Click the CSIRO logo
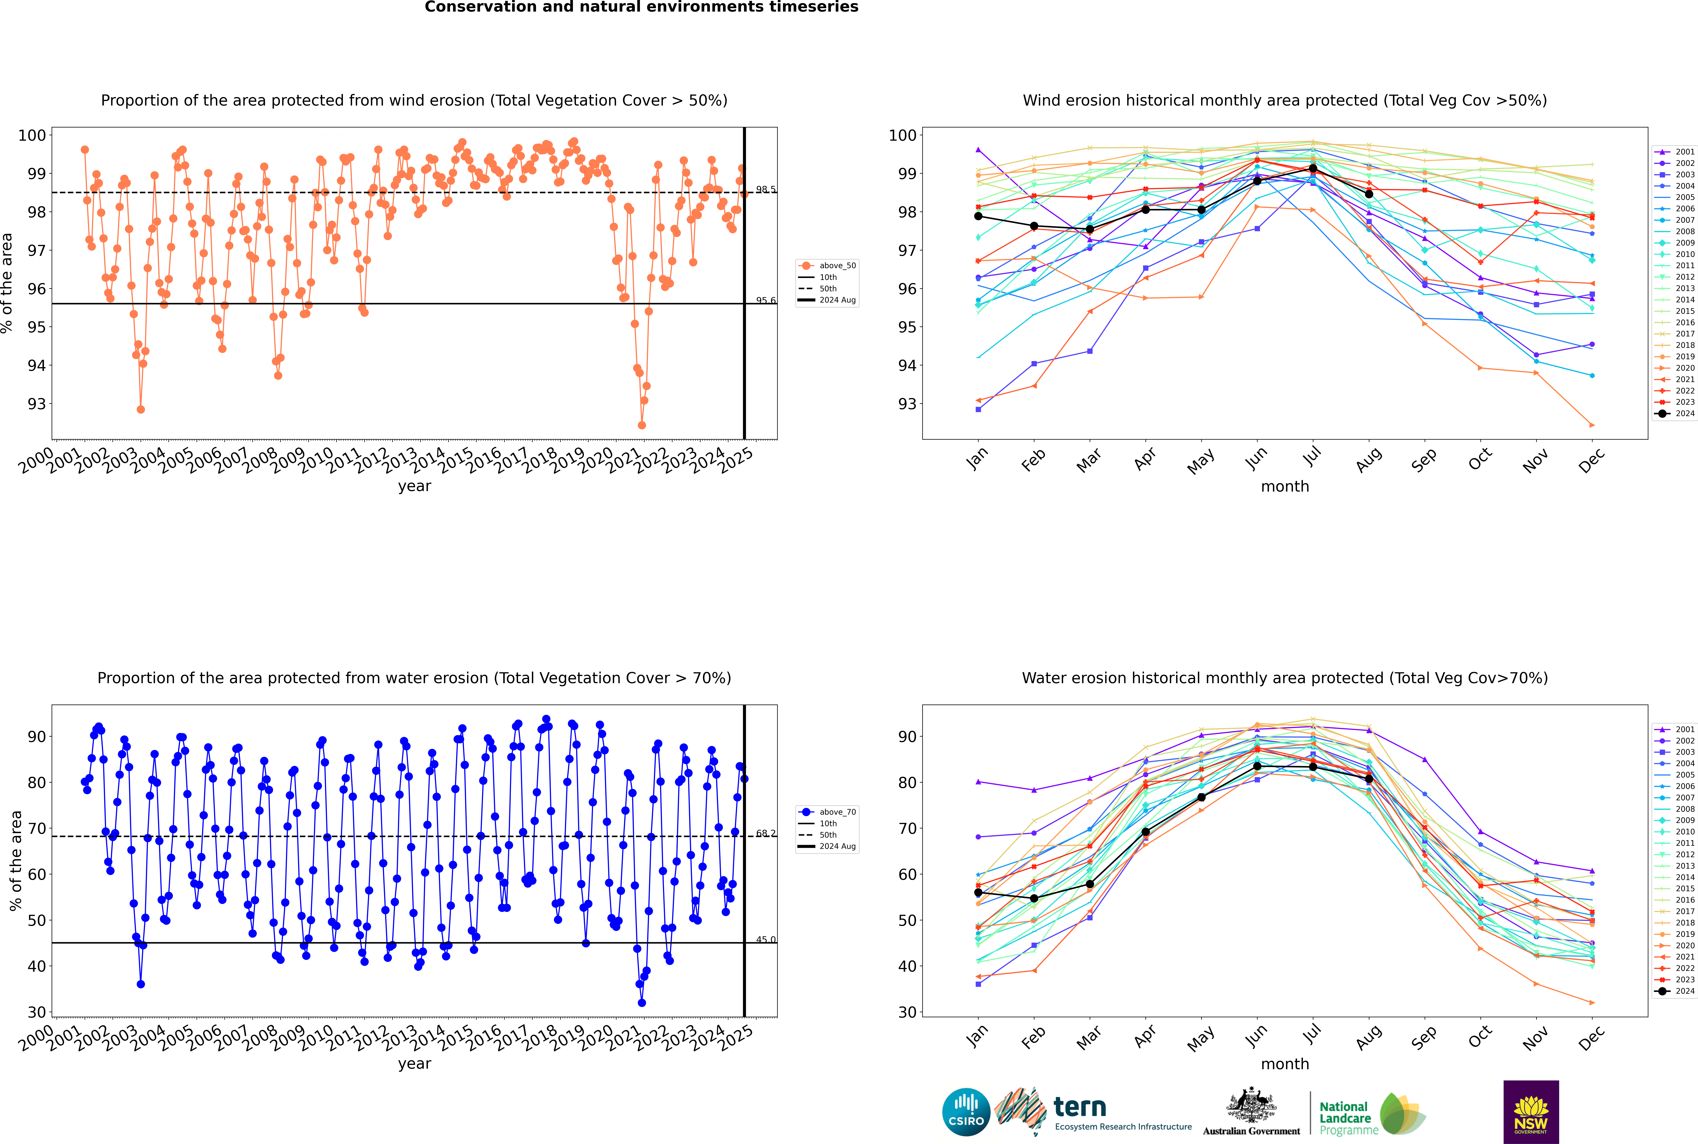966,1112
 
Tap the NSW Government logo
1531,1111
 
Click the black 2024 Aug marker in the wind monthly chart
1369,194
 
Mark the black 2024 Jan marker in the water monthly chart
978,892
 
